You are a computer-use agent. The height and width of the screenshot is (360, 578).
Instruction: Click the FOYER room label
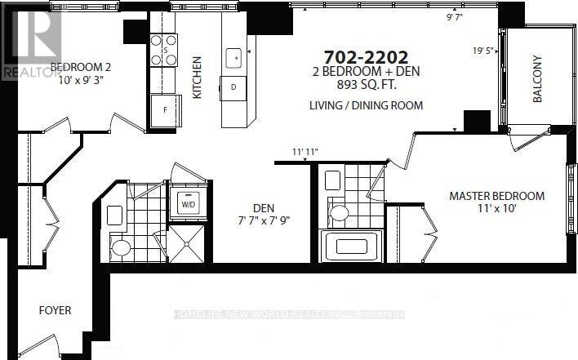[x=56, y=311]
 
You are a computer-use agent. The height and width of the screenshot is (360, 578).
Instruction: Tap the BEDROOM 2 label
[x=81, y=67]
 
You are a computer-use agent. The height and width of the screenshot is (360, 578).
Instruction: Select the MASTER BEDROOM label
[x=496, y=196]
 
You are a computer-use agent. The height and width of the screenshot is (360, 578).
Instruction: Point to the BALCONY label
[x=537, y=79]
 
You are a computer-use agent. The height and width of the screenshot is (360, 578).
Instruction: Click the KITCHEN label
[x=197, y=78]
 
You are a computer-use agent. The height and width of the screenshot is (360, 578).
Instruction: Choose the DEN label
[x=263, y=207]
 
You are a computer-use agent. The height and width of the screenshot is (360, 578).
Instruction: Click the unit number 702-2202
[x=366, y=57]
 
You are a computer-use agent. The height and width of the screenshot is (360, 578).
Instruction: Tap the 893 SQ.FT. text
[x=366, y=85]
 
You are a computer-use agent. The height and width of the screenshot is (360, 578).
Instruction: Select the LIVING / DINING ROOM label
[x=366, y=105]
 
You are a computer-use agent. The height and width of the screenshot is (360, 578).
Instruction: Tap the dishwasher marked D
[x=233, y=86]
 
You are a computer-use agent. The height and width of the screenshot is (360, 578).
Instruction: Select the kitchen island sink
[x=234, y=57]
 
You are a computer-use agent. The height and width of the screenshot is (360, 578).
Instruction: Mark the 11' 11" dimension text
[x=304, y=151]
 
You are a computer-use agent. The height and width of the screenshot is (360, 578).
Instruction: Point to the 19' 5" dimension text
[x=484, y=50]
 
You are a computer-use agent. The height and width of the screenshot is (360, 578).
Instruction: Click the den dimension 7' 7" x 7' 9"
[x=263, y=220]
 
